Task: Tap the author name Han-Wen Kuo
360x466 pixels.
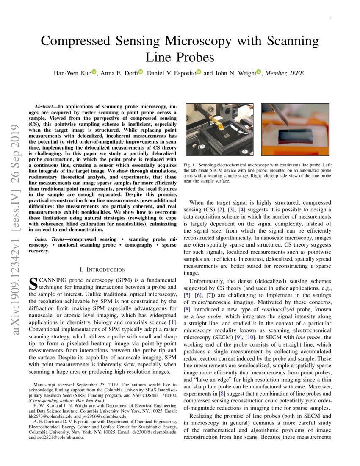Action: [x=72, y=73]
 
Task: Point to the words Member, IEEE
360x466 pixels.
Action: [x=284, y=73]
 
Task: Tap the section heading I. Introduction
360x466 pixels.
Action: [x=102, y=269]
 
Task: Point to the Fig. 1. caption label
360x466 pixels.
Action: [x=190, y=164]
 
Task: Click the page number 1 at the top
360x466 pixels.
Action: [x=330, y=17]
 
